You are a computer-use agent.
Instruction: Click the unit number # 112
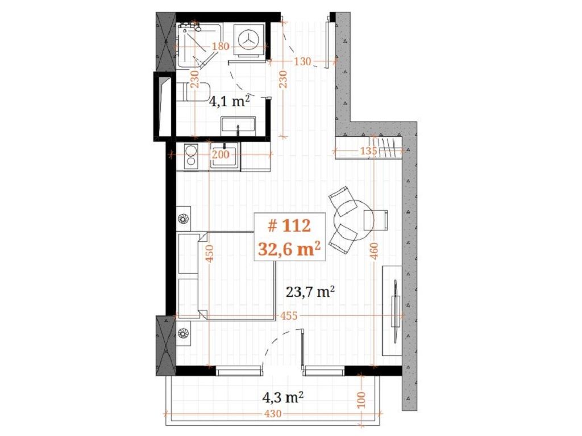pos(289,225)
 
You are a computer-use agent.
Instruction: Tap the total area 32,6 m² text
pos(289,249)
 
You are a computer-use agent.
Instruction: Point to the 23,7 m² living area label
pos(311,292)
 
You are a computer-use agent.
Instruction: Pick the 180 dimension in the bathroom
pos(221,47)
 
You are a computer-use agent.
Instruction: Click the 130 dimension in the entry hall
pos(302,61)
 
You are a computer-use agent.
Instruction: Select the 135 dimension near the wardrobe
pos(368,151)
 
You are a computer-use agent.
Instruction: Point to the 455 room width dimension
pos(289,316)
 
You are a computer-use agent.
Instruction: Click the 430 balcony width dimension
pos(273,413)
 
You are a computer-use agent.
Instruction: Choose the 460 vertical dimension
pos(374,250)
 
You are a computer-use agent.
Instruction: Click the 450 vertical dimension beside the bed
pos(210,253)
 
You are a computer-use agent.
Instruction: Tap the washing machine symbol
pos(248,40)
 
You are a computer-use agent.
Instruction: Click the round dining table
pos(354,220)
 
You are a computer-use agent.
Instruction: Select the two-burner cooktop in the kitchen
pos(191,156)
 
